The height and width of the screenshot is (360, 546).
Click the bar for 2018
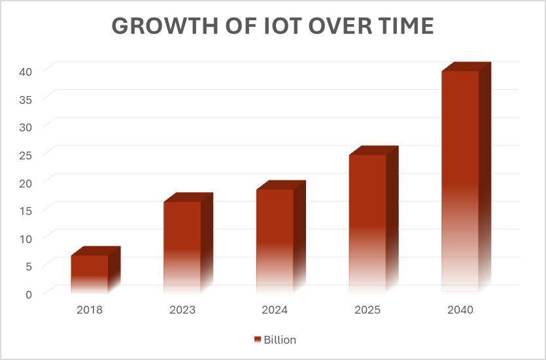coord(90,271)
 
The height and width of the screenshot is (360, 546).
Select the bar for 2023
coord(182,245)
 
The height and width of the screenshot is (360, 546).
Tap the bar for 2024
coord(275,238)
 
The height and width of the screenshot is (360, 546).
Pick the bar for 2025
coord(367,222)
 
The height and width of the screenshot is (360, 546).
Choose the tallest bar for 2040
coord(460,180)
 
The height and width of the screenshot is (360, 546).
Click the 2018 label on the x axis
coord(90,310)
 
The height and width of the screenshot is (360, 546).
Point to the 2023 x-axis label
coord(182,310)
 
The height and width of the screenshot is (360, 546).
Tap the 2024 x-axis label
coord(275,310)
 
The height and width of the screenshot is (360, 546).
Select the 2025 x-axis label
coord(367,310)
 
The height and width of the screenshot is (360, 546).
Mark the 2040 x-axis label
coord(460,310)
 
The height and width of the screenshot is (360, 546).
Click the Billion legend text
coord(280,340)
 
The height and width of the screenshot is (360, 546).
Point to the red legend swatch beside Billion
coord(257,340)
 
